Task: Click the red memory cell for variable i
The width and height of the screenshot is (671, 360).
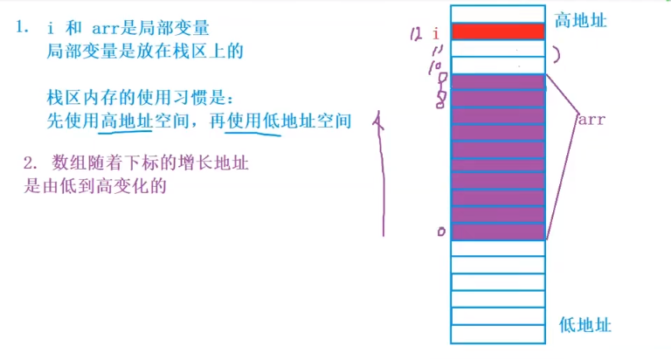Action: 498,31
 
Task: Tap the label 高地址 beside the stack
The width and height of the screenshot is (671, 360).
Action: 580,19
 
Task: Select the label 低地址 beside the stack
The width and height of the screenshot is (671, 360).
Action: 585,325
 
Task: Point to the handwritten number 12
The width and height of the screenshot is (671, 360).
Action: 415,34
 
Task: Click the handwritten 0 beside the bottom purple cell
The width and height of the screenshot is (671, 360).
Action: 441,232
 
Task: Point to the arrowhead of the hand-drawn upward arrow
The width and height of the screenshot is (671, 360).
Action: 379,121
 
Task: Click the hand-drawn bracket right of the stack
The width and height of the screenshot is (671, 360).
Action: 556,53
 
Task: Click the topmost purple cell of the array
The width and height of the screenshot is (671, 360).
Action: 498,82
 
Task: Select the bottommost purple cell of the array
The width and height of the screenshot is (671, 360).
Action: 498,232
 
